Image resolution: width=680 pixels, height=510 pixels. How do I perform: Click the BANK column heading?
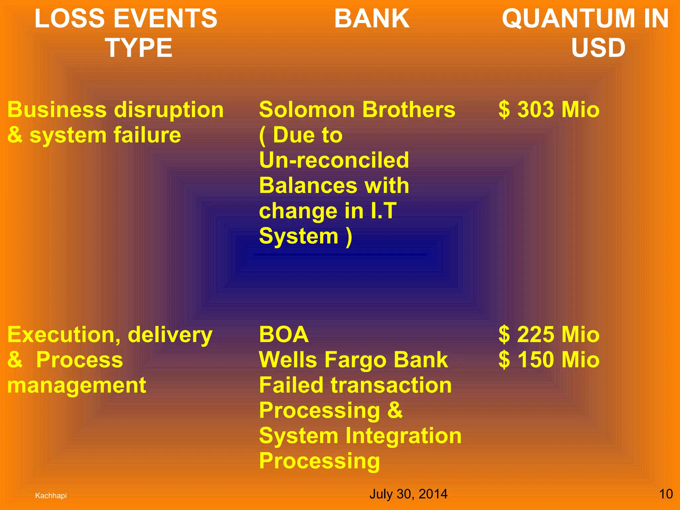pos(372,19)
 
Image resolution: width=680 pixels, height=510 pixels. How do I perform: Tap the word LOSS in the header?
pos(63,19)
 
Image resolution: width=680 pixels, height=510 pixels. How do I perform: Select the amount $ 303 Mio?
pos(549,110)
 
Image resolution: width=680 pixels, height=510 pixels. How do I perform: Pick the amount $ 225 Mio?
pos(549,334)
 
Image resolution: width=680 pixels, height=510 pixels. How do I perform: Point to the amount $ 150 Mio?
pos(549,360)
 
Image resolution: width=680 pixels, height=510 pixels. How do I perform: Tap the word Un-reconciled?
pos(334,160)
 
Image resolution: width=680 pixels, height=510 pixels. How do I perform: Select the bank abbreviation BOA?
pos(284,334)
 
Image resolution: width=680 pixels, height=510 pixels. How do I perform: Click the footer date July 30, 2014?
pos(408,494)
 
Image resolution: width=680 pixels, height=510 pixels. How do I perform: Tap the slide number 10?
pos(665,494)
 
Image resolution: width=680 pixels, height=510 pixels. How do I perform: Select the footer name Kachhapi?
pos(51,496)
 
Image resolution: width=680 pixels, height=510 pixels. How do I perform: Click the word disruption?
pos(169,110)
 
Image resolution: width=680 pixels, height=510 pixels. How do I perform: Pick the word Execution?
pos(63,334)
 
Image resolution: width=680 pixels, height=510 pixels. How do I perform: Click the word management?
pos(76,386)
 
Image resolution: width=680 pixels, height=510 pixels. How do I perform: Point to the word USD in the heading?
pos(598,48)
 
